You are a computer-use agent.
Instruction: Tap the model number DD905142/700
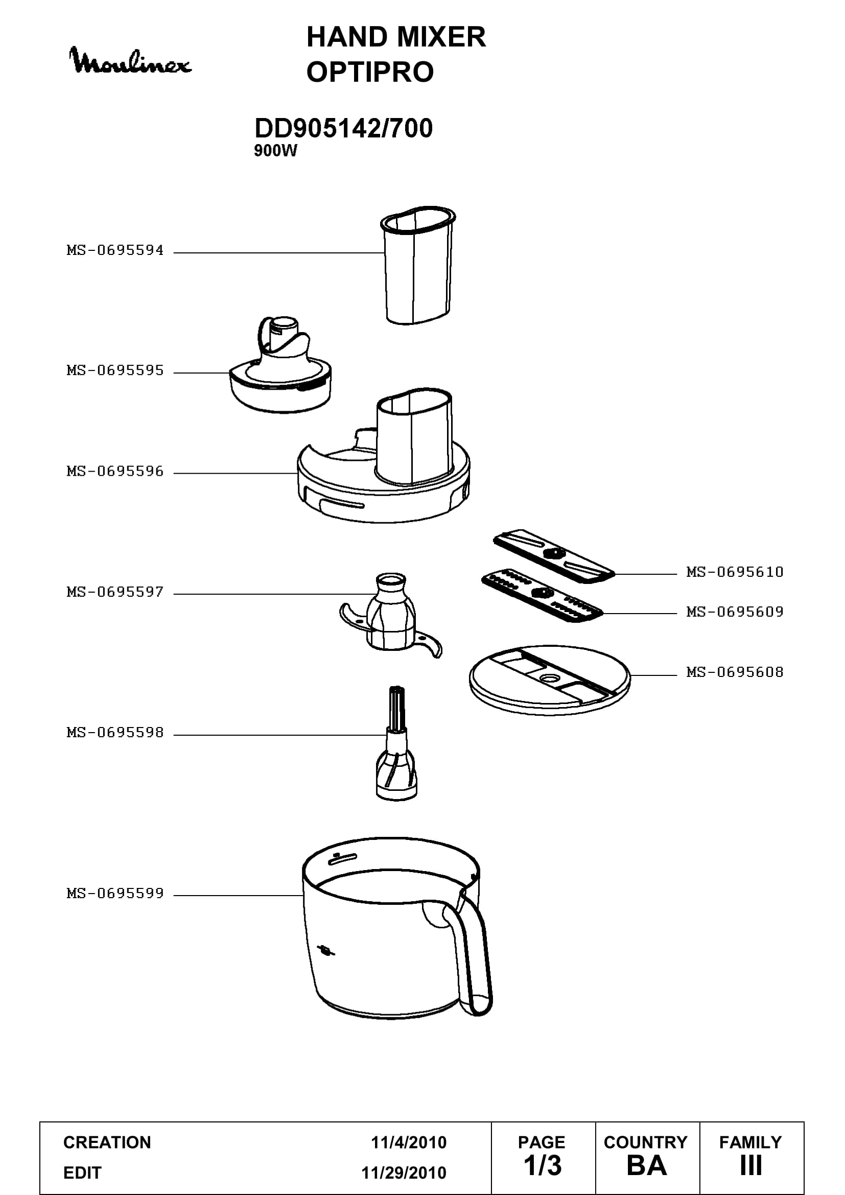[x=343, y=129]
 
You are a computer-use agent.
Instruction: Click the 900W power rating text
[x=275, y=151]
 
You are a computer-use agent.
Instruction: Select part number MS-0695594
[x=115, y=250]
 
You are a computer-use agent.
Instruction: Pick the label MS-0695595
[x=115, y=370]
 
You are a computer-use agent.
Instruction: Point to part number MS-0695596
[x=115, y=472]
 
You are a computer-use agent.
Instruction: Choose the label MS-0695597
[x=115, y=592]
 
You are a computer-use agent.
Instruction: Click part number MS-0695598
[x=115, y=733]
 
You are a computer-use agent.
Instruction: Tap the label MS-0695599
[x=115, y=894]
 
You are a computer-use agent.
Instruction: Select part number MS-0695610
[x=735, y=573]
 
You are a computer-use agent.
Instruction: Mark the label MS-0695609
[x=735, y=612]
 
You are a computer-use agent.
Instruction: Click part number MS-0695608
[x=735, y=672]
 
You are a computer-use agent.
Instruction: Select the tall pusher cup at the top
[x=418, y=265]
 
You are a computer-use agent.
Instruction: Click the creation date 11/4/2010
[x=409, y=1142]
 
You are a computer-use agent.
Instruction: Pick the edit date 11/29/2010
[x=404, y=1173]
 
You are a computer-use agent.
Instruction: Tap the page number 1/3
[x=543, y=1166]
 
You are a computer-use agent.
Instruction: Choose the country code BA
[x=647, y=1166]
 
